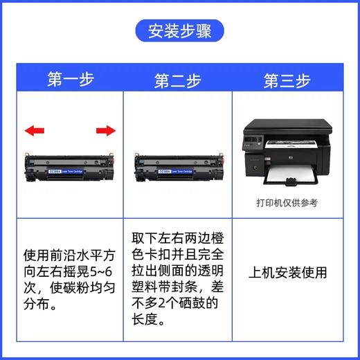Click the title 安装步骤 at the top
(179, 30)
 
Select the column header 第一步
(71, 81)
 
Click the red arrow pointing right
(105, 129)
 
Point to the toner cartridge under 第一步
(69, 167)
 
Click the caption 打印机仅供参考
(286, 204)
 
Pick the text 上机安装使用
(287, 273)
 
